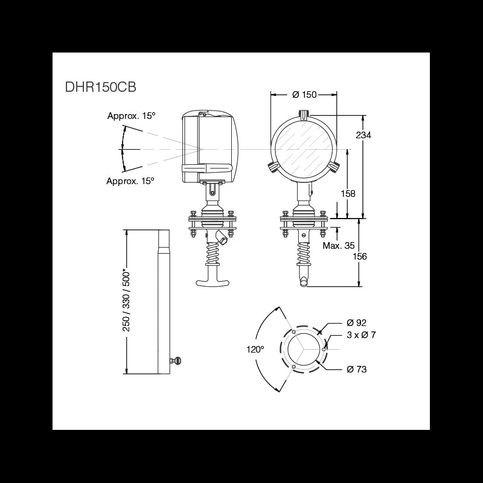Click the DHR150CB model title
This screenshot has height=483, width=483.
100,87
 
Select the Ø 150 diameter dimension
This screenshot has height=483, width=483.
304,95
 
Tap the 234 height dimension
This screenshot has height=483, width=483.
363,135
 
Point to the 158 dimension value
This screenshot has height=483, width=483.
348,193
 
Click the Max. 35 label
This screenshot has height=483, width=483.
339,246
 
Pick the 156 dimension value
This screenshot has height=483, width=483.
359,256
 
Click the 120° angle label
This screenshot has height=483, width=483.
255,350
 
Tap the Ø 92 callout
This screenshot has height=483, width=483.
356,322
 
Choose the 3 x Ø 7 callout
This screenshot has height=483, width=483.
361,335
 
